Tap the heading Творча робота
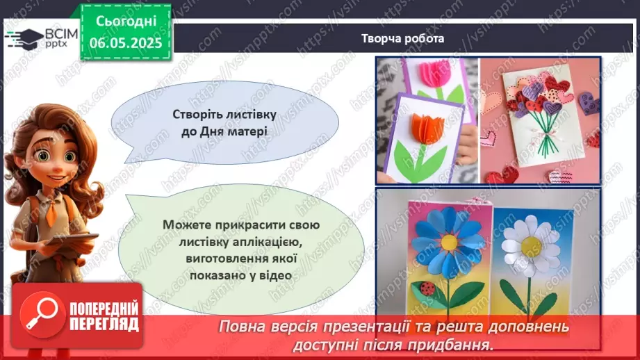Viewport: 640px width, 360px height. pyautogui.click(x=402, y=38)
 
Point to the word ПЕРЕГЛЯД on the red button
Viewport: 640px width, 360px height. pyautogui.click(x=104, y=324)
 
